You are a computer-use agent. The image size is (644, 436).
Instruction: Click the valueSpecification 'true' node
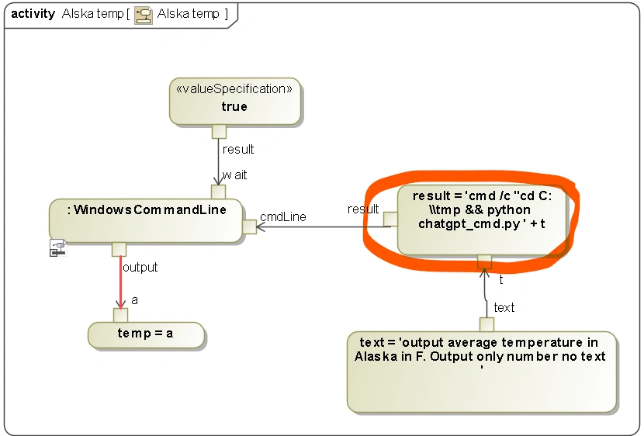coord(234,101)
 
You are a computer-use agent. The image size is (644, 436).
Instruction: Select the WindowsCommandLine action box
coord(146,220)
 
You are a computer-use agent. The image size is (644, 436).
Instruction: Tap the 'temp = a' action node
coord(146,334)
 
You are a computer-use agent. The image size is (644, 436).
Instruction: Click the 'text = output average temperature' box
coord(481,372)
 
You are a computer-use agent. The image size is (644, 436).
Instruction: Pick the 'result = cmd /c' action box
coord(482,221)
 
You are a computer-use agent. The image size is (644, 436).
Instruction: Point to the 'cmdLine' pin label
coord(282,217)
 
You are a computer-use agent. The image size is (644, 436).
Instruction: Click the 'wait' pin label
coord(235,175)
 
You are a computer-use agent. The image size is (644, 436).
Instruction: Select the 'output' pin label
coord(140,268)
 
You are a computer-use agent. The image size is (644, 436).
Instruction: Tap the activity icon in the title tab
coord(144,15)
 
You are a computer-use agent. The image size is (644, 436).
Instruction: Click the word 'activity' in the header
coord(33,14)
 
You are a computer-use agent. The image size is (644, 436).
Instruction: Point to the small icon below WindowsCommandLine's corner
coord(57,248)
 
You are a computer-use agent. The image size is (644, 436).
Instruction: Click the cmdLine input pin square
coord(250,227)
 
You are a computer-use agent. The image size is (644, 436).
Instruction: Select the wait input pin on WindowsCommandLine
coord(218,192)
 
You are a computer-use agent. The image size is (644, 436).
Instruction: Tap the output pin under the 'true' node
coord(219,131)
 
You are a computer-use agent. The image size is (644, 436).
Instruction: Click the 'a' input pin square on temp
coord(120,315)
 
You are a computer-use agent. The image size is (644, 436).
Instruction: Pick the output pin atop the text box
coord(486,324)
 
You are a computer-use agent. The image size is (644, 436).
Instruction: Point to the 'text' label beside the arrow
coord(504,308)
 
